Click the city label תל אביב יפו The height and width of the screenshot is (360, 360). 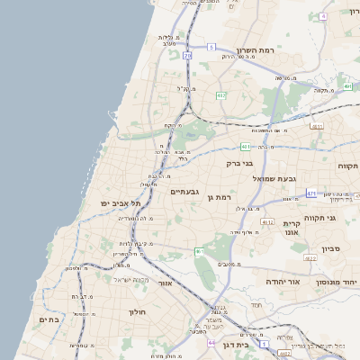tap(118, 204)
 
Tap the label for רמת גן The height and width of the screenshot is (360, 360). tap(219, 197)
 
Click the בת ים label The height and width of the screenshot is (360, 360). tap(49, 319)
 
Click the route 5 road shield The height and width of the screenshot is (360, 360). tap(211, 46)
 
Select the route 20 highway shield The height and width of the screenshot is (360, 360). tap(187, 55)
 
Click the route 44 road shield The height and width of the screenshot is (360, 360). tap(211, 343)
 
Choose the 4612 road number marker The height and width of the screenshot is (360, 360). tap(267, 221)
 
